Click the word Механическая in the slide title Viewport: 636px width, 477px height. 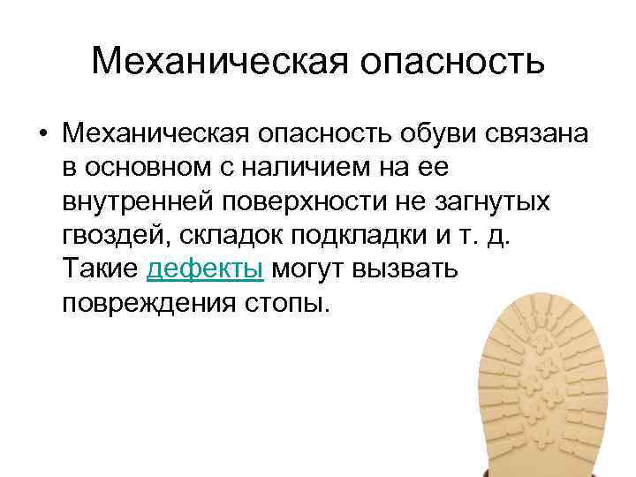click(x=213, y=61)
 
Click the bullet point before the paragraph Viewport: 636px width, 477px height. click(x=42, y=135)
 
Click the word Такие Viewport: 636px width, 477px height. click(x=100, y=269)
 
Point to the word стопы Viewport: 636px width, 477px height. click(x=285, y=302)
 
